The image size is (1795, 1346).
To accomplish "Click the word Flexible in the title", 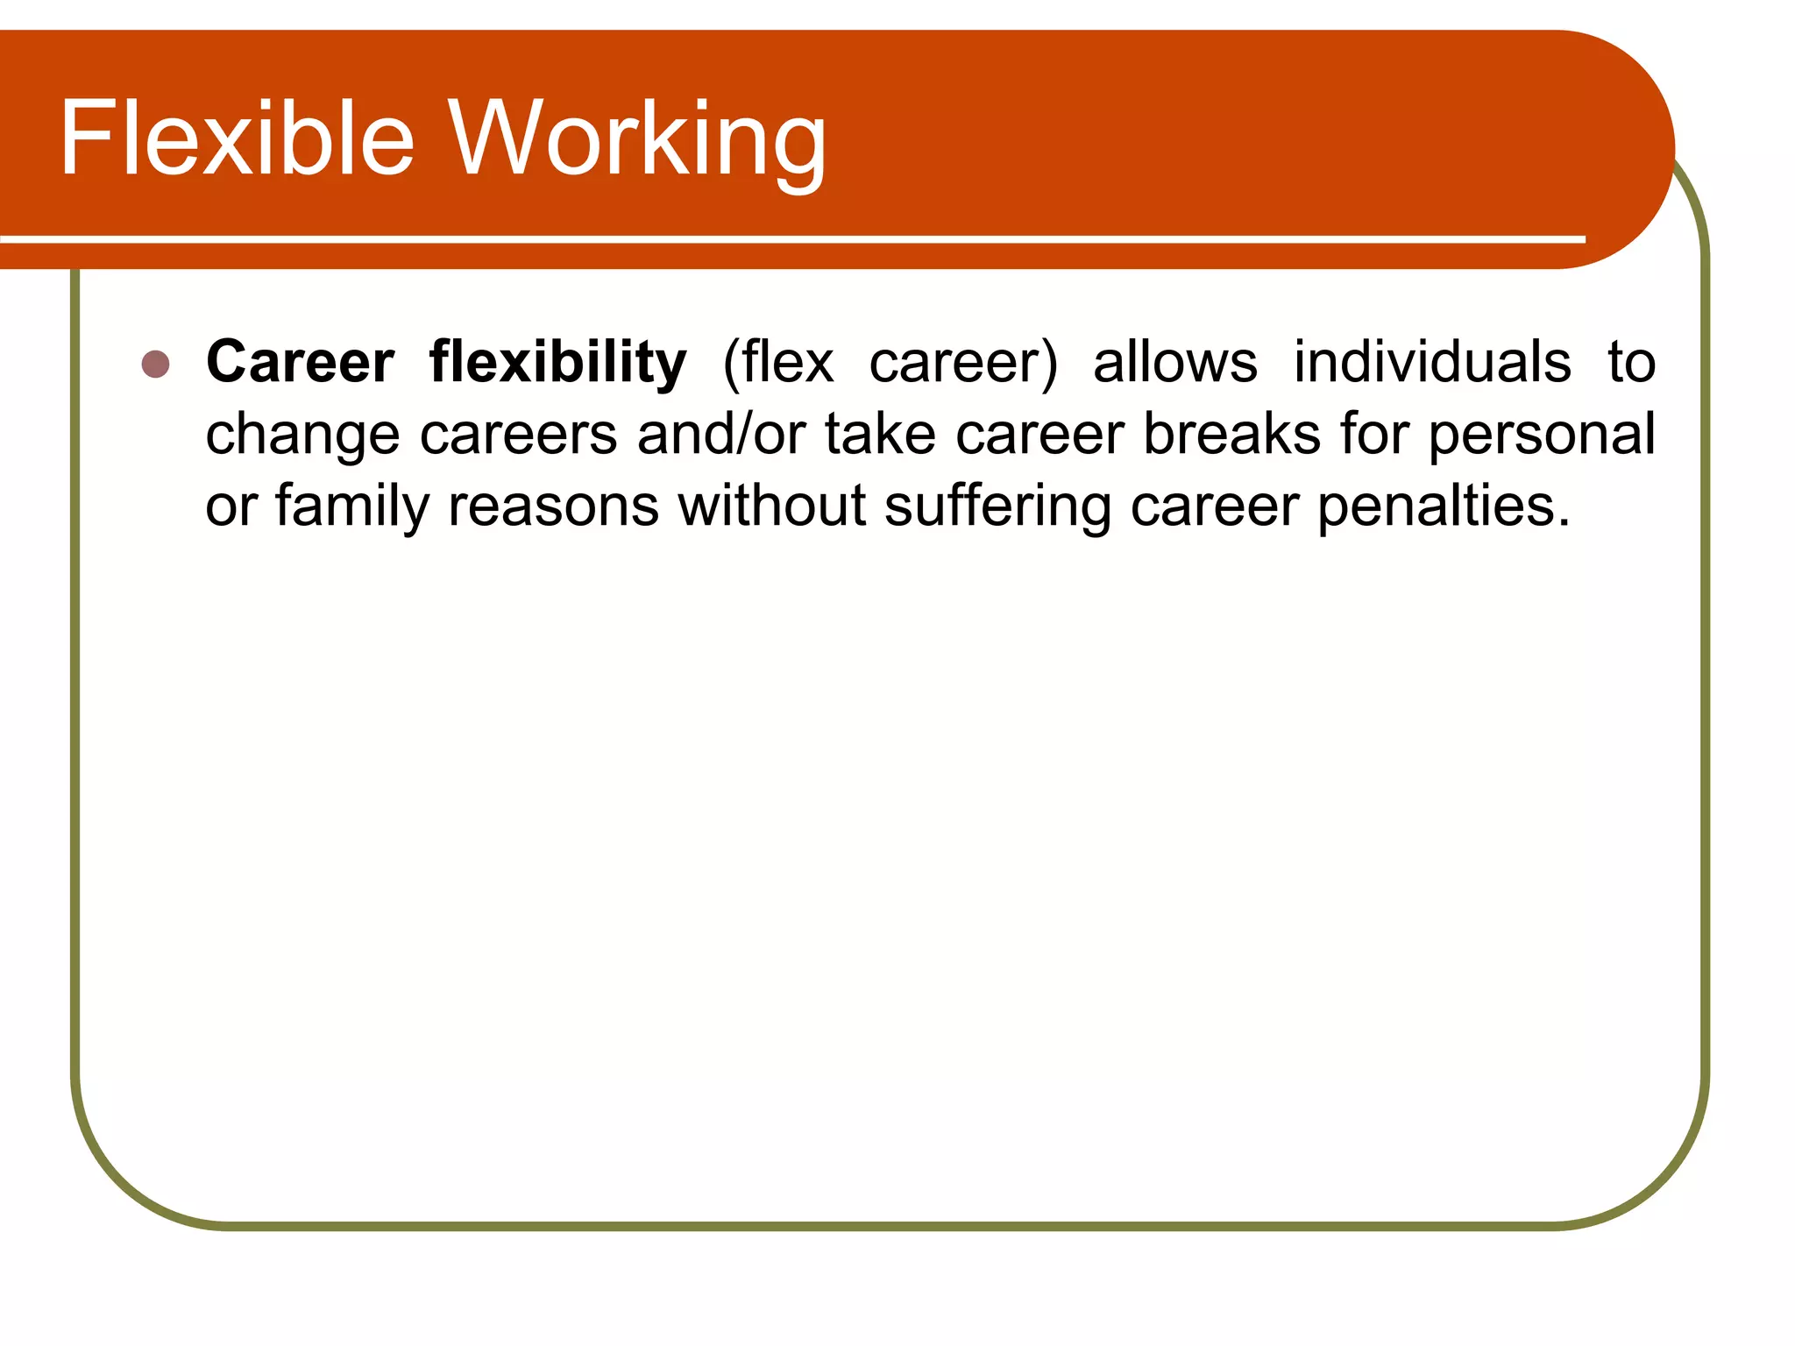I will click(237, 138).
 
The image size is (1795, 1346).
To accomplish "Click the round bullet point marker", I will click(155, 364).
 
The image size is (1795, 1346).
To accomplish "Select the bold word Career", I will click(300, 362).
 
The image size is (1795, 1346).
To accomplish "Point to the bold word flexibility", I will click(557, 364).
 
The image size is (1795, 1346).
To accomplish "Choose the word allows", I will click(1174, 362).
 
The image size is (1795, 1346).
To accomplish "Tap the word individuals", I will click(1432, 362).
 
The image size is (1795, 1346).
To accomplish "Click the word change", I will click(302, 436).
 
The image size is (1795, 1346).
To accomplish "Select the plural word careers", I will click(518, 436).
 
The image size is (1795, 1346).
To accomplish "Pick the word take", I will click(880, 434).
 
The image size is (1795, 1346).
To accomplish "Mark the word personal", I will click(1542, 436).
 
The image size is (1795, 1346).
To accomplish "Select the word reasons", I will click(553, 507).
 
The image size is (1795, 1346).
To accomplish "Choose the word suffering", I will click(997, 507).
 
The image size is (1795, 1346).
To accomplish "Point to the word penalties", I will click(1443, 507).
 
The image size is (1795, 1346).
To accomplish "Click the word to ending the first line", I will click(1631, 362).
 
